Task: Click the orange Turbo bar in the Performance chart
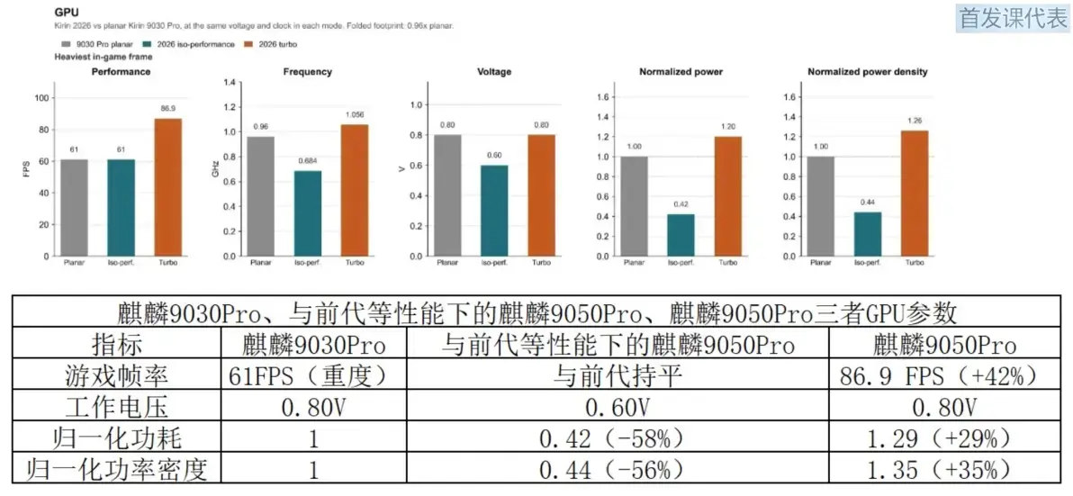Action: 168,187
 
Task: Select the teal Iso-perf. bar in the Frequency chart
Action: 308,213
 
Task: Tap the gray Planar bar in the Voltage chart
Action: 447,195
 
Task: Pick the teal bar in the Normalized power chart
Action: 681,235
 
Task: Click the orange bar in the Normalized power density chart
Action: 915,194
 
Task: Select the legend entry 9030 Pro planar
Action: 86,44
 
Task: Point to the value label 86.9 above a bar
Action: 168,109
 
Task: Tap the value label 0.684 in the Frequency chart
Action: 308,161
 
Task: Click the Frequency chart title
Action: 308,72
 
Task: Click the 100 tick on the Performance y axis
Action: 42,98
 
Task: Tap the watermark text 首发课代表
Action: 1013,19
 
